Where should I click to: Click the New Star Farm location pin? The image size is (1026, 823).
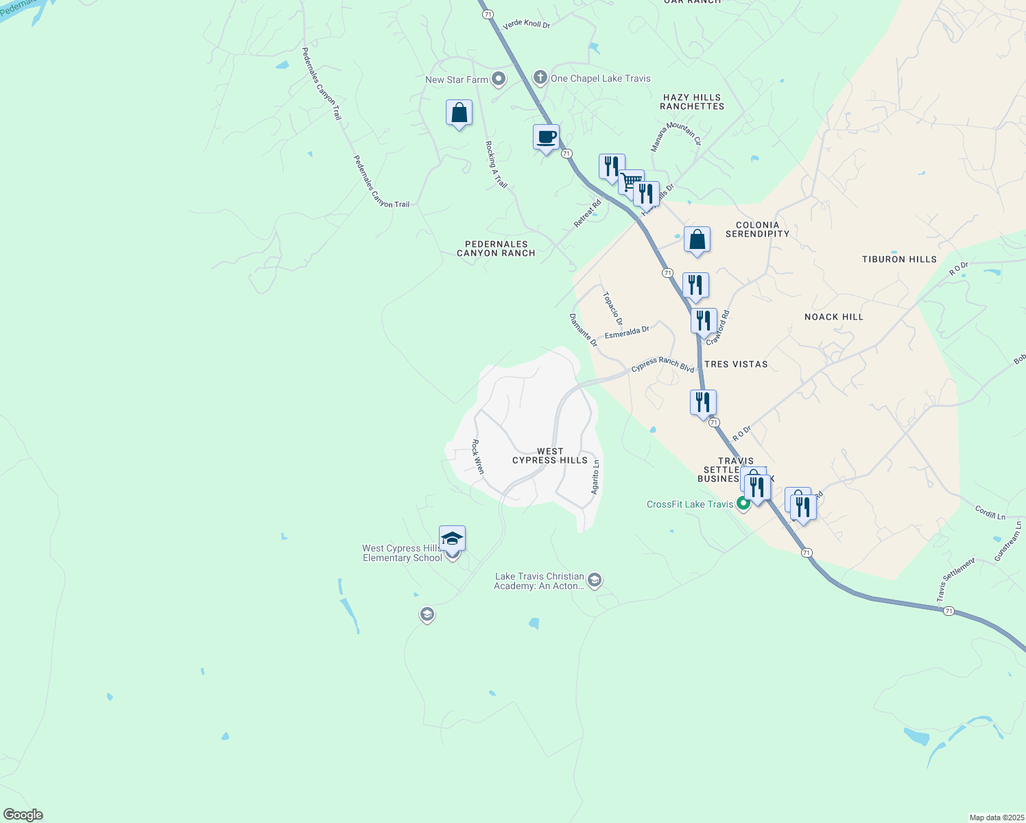[x=499, y=80]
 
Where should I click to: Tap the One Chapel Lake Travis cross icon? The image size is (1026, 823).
[x=540, y=77]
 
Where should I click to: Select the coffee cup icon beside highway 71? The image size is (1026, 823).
[x=546, y=138]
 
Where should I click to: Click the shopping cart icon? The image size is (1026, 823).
[x=631, y=183]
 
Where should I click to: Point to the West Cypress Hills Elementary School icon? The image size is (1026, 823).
[x=452, y=539]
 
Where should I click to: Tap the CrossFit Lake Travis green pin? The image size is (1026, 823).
[x=743, y=504]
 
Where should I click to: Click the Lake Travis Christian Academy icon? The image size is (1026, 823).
[x=595, y=581]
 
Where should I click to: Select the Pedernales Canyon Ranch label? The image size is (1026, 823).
[x=496, y=248]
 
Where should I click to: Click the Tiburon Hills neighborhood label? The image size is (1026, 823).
[x=899, y=259]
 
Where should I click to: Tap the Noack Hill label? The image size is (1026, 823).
[x=833, y=317]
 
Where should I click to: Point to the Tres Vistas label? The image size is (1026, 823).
[x=736, y=364]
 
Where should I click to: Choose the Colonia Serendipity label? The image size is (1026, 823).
[x=757, y=229]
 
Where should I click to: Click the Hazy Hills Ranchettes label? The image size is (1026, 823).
[x=692, y=102]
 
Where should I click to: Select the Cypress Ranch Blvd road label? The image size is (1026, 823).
[x=663, y=364]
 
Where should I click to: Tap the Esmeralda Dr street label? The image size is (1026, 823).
[x=627, y=333]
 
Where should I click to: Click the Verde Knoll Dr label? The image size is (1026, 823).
[x=527, y=25]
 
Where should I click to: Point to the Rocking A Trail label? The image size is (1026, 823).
[x=496, y=165]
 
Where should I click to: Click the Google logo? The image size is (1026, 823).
[x=23, y=815]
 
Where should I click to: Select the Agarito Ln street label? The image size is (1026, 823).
[x=595, y=477]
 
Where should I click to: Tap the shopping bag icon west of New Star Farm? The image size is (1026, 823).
[x=459, y=113]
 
